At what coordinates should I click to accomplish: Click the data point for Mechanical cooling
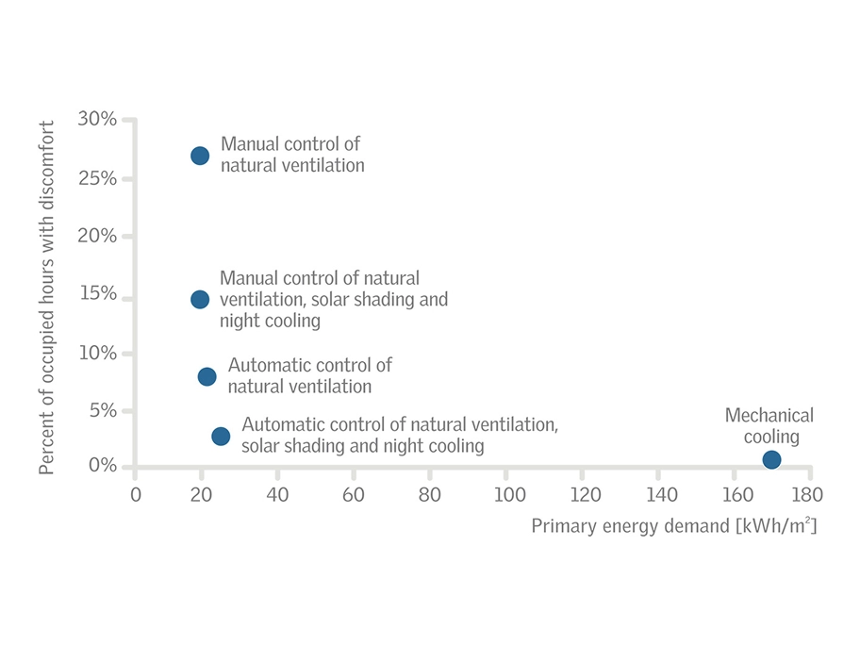click(x=771, y=459)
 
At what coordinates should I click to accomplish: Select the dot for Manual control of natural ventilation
click(x=200, y=156)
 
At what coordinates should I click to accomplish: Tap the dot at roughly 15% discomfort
click(x=200, y=299)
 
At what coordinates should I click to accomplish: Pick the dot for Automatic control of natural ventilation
click(x=207, y=376)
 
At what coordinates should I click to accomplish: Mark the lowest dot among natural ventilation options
click(x=221, y=436)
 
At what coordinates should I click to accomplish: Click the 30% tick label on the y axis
click(x=98, y=119)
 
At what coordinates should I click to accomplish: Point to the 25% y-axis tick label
click(x=98, y=178)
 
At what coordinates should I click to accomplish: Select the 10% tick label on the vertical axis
click(x=98, y=353)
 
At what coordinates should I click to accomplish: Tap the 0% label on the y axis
click(x=103, y=466)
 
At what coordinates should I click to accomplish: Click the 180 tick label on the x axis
click(x=807, y=494)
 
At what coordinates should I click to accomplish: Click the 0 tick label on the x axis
click(x=136, y=494)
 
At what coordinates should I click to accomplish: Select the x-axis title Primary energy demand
click(x=673, y=525)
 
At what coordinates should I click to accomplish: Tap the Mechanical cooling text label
click(x=769, y=426)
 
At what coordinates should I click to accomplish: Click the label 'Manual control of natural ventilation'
click(x=291, y=155)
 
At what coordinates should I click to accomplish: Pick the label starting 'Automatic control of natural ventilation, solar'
click(x=400, y=436)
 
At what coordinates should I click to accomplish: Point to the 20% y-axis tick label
click(x=98, y=236)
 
